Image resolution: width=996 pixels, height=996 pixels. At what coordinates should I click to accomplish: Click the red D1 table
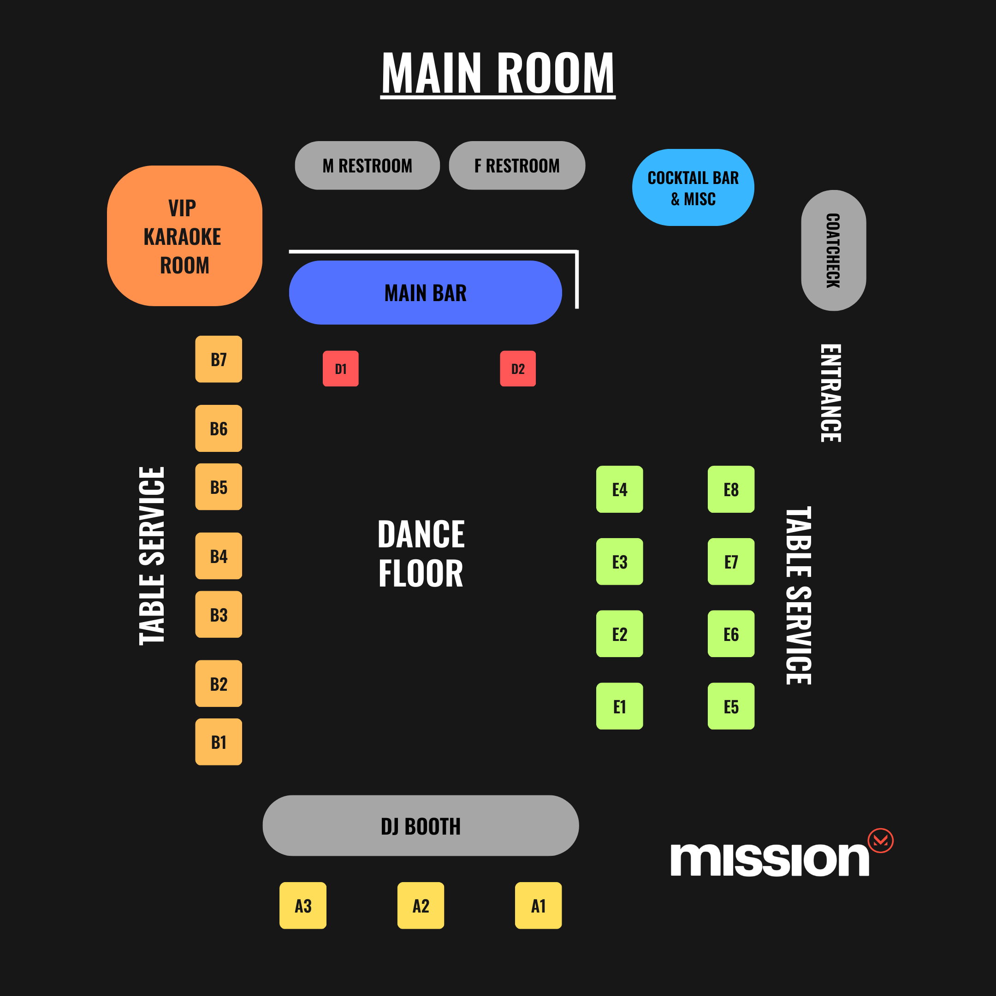click(x=340, y=368)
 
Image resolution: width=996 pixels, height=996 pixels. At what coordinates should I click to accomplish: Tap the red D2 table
click(x=517, y=368)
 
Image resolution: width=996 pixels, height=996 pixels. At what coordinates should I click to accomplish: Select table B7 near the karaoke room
click(x=219, y=359)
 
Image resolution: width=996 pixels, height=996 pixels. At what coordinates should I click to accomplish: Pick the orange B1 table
click(x=219, y=742)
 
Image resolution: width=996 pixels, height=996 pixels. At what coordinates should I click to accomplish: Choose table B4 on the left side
click(x=219, y=556)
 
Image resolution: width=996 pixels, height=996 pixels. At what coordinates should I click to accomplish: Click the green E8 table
click(x=731, y=489)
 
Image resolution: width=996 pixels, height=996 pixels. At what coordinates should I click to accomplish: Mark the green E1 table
click(x=620, y=706)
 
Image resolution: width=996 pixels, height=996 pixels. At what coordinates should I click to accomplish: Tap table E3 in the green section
click(x=620, y=562)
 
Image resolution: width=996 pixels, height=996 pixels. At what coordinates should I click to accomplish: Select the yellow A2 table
click(x=421, y=906)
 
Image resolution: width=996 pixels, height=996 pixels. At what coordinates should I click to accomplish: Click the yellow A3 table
click(x=303, y=906)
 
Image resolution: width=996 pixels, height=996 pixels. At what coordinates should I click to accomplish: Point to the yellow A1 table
click(x=538, y=906)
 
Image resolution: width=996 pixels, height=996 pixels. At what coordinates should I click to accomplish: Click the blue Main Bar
click(x=425, y=292)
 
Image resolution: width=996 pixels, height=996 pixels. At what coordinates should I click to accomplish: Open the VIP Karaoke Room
click(x=184, y=236)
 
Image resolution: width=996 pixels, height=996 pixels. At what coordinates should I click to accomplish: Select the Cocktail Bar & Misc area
click(x=693, y=188)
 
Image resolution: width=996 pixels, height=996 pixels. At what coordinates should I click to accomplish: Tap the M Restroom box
click(x=367, y=166)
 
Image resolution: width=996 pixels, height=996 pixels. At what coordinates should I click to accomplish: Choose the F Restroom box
click(x=517, y=166)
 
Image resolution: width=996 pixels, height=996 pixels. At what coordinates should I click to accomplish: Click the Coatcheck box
click(x=834, y=250)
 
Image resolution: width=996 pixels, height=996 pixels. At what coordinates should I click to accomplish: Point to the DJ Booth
click(x=421, y=826)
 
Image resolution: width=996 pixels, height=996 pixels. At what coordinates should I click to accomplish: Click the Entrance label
click(x=830, y=393)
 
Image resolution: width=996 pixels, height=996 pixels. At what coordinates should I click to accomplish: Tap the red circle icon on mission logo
click(x=881, y=841)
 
